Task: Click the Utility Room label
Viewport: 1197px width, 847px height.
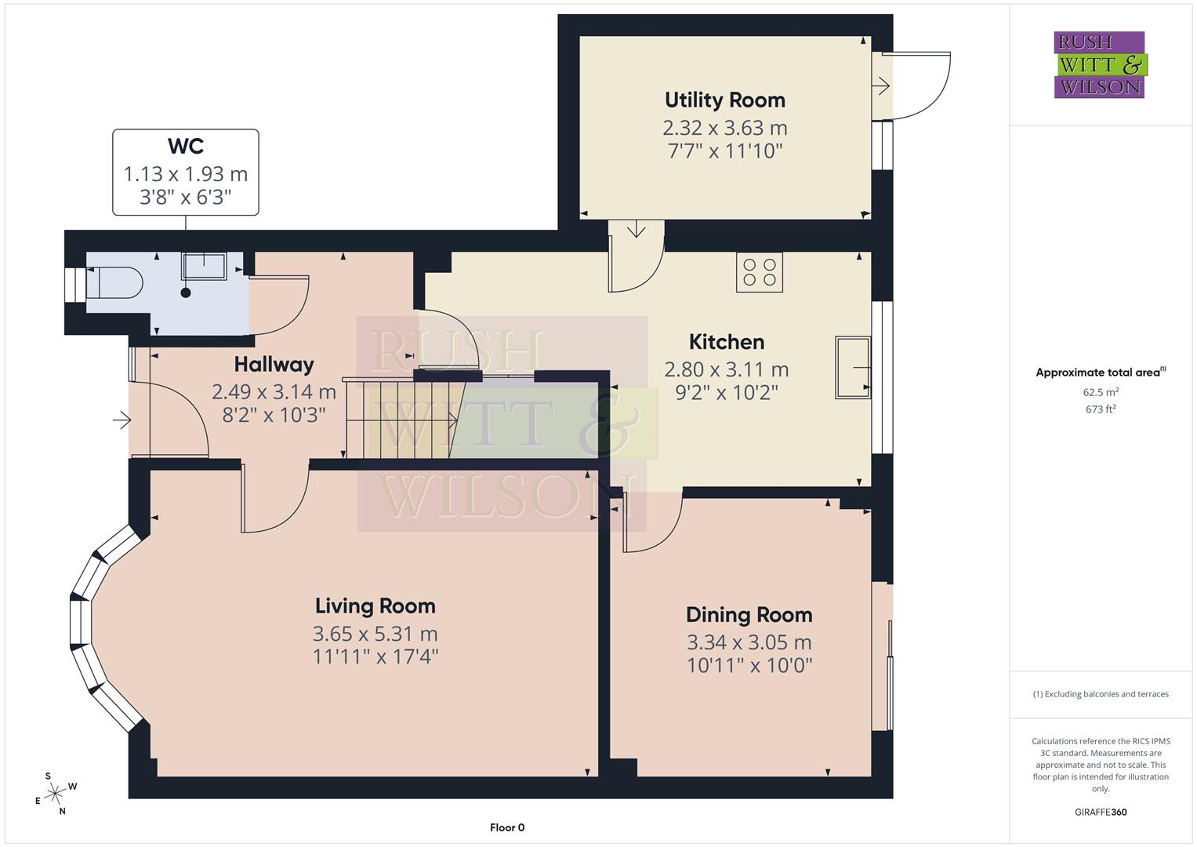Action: pyautogui.click(x=724, y=100)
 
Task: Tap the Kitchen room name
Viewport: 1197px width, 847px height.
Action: pyautogui.click(x=726, y=342)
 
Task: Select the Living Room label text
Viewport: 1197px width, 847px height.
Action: pyautogui.click(x=375, y=606)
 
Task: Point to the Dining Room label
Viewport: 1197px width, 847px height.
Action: pyautogui.click(x=749, y=615)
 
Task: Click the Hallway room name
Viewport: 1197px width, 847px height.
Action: pyautogui.click(x=274, y=365)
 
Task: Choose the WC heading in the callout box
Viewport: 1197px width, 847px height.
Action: pyautogui.click(x=186, y=147)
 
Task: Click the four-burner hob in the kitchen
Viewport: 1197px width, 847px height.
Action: pyautogui.click(x=759, y=272)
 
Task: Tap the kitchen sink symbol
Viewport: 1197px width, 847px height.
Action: pyautogui.click(x=852, y=367)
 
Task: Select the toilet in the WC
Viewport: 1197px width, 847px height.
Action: pyautogui.click(x=114, y=282)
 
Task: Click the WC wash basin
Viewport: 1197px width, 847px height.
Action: pyautogui.click(x=204, y=266)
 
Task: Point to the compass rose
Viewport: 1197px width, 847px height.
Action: pyautogui.click(x=55, y=794)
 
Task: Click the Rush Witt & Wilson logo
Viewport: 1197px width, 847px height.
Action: pyautogui.click(x=1100, y=64)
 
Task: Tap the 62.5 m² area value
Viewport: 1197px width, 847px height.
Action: pyautogui.click(x=1101, y=392)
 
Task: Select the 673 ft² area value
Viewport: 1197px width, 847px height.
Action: pyautogui.click(x=1101, y=409)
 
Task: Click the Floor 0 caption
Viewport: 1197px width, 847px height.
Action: pyautogui.click(x=506, y=827)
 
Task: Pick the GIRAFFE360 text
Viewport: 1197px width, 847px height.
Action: pyautogui.click(x=1101, y=812)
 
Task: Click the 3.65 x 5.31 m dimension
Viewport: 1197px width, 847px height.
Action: pyautogui.click(x=375, y=634)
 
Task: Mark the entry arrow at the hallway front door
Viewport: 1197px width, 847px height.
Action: pyautogui.click(x=122, y=421)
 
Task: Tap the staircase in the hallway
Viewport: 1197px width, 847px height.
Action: pyautogui.click(x=400, y=420)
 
